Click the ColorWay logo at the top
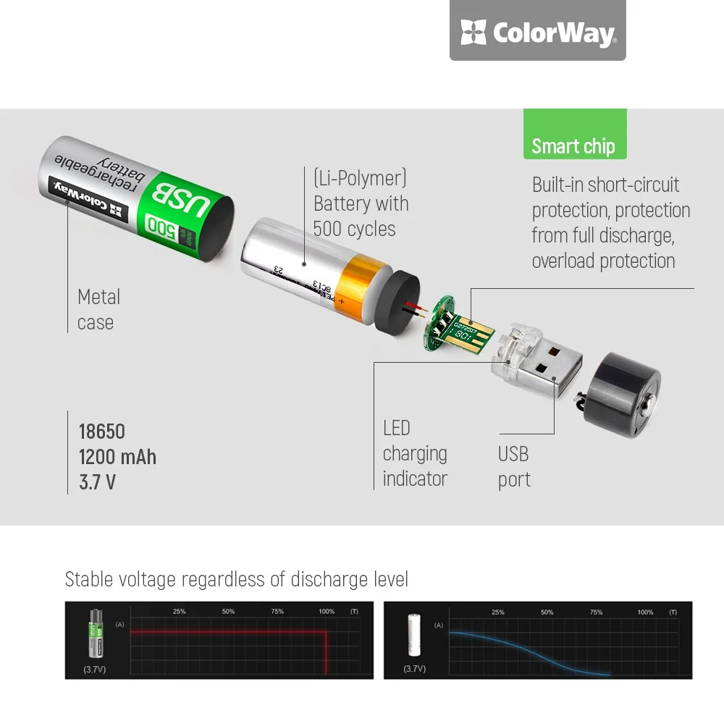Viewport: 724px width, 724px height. (x=537, y=32)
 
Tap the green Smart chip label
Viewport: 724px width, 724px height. (x=573, y=145)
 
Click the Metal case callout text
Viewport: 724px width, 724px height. (x=98, y=309)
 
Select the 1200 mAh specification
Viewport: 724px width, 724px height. (x=117, y=457)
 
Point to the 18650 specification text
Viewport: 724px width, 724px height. (x=101, y=432)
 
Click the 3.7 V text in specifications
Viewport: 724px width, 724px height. (x=97, y=482)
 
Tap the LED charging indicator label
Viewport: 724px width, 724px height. (x=415, y=453)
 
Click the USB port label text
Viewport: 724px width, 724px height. (x=514, y=466)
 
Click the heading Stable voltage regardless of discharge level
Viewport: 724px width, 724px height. (x=237, y=579)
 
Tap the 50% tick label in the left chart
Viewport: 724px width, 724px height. (x=228, y=612)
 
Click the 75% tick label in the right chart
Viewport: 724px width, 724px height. (x=596, y=613)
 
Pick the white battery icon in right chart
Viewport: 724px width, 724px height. (x=415, y=635)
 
